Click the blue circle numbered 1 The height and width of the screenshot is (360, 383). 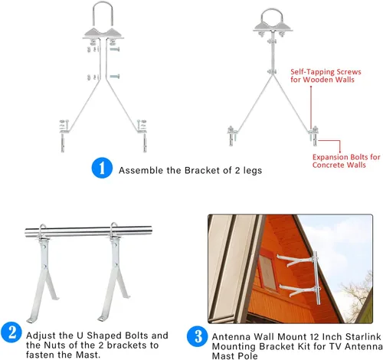[x=102, y=168]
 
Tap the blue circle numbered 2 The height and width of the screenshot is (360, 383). [x=11, y=332]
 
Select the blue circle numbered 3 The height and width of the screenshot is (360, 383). [x=198, y=336]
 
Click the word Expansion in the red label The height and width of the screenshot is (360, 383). [x=330, y=157]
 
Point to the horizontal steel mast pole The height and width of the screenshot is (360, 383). [x=88, y=231]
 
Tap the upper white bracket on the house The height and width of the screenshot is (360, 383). [x=296, y=260]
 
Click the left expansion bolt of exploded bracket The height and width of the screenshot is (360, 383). [x=63, y=142]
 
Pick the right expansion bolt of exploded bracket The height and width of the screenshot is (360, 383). [x=145, y=142]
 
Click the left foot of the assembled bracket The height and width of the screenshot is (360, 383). [x=232, y=136]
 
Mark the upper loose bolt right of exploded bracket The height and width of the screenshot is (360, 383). [x=115, y=49]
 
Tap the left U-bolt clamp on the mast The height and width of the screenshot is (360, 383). [x=44, y=232]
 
